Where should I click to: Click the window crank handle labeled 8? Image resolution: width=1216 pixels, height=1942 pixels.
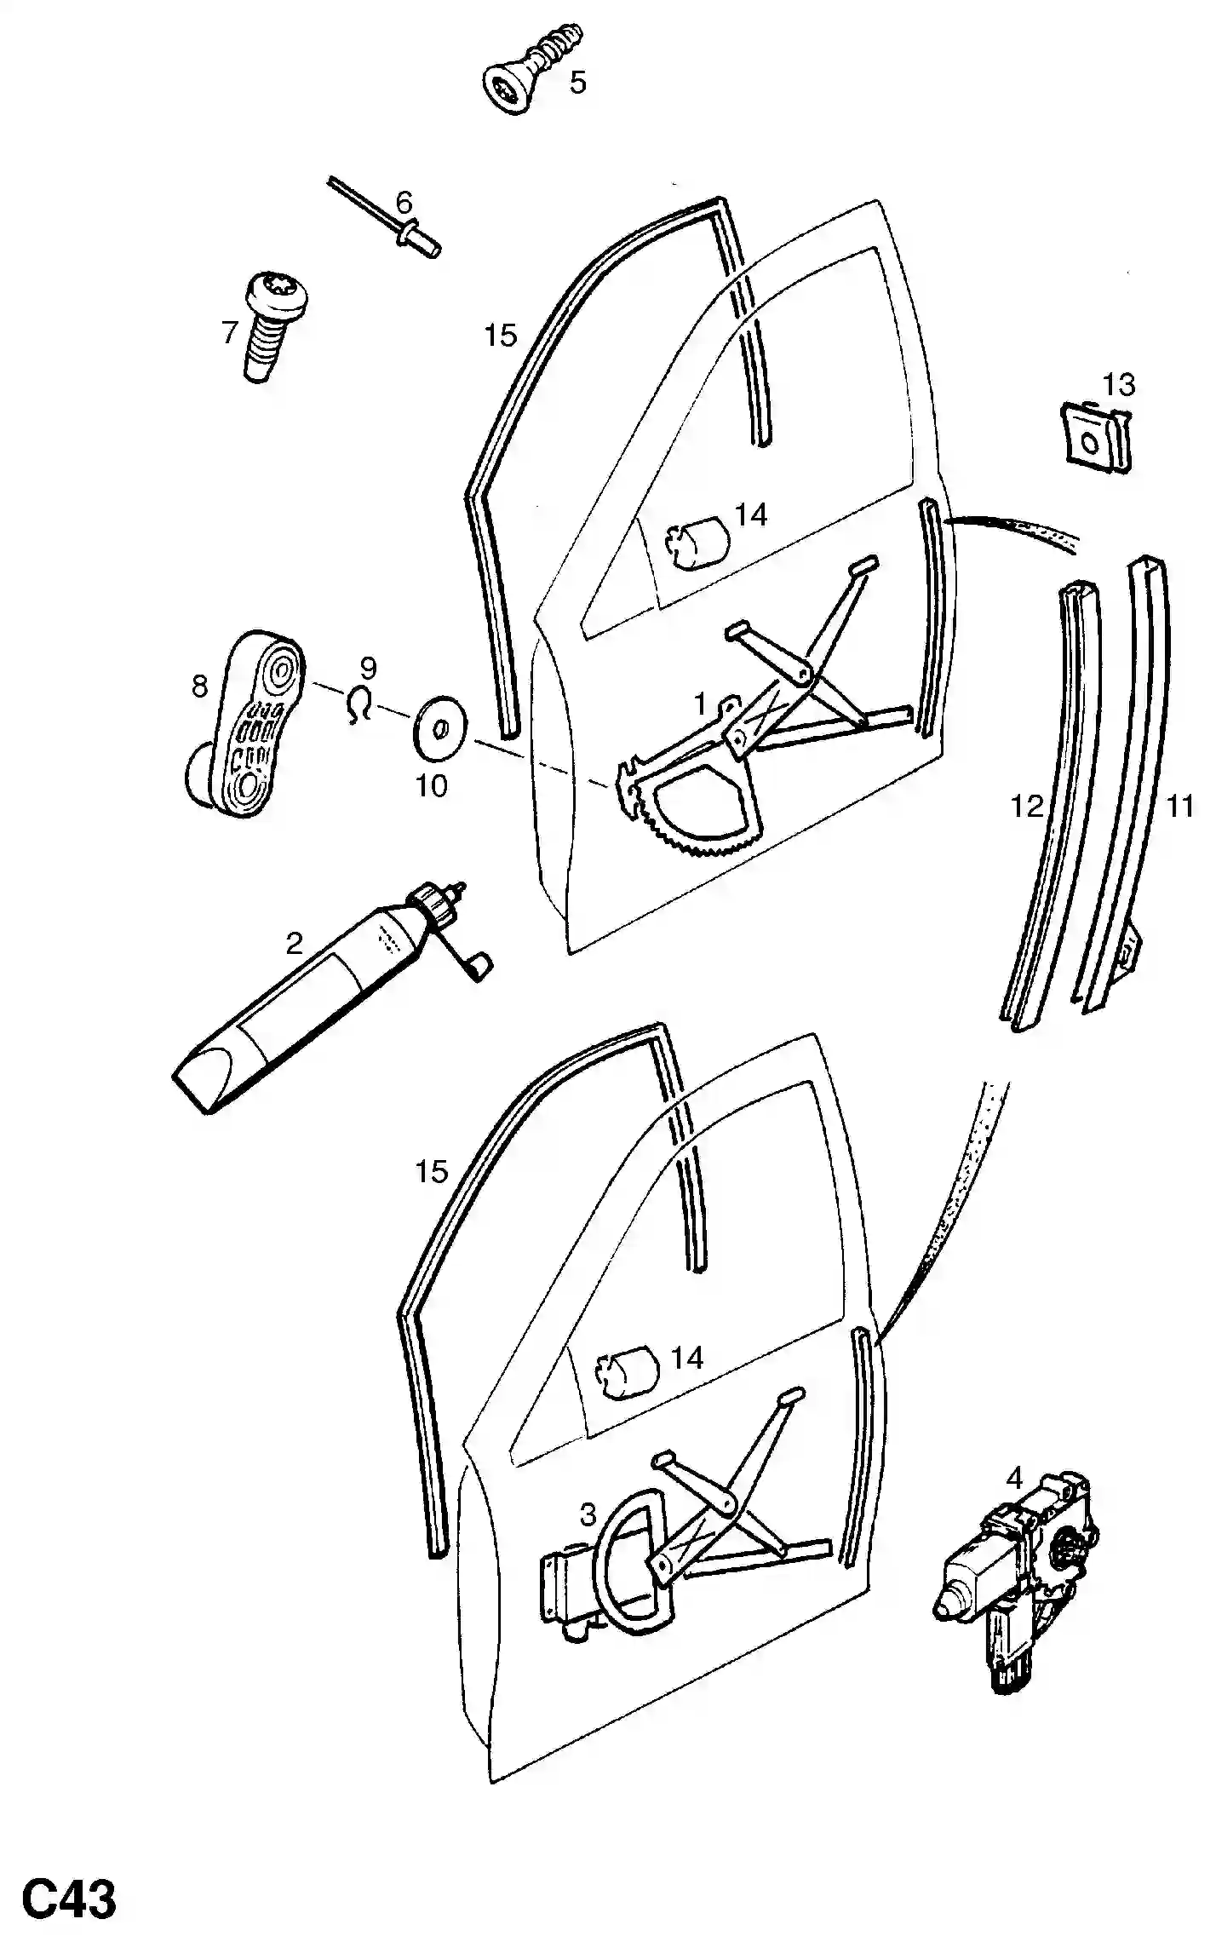click(x=247, y=724)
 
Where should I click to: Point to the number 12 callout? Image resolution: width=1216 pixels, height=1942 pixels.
click(x=1026, y=805)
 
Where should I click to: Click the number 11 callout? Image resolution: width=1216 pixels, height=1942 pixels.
click(x=1179, y=805)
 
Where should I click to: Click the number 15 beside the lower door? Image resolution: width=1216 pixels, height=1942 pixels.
click(x=431, y=1172)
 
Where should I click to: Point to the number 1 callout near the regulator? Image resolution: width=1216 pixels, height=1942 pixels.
click(x=700, y=703)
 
